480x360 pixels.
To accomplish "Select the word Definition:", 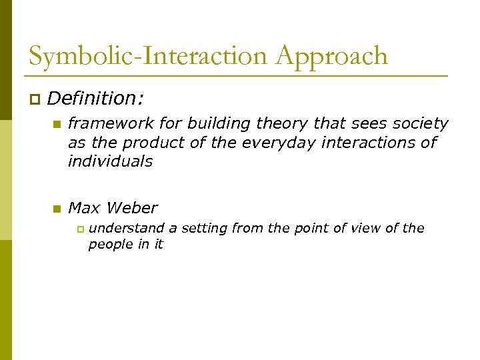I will (x=95, y=99).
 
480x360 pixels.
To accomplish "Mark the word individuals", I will (x=110, y=161).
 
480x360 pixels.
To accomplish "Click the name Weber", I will (x=131, y=208).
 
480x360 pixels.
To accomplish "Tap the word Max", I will (x=84, y=208).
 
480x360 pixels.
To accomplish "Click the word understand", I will (x=126, y=228).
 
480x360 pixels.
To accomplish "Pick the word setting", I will (x=205, y=228).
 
